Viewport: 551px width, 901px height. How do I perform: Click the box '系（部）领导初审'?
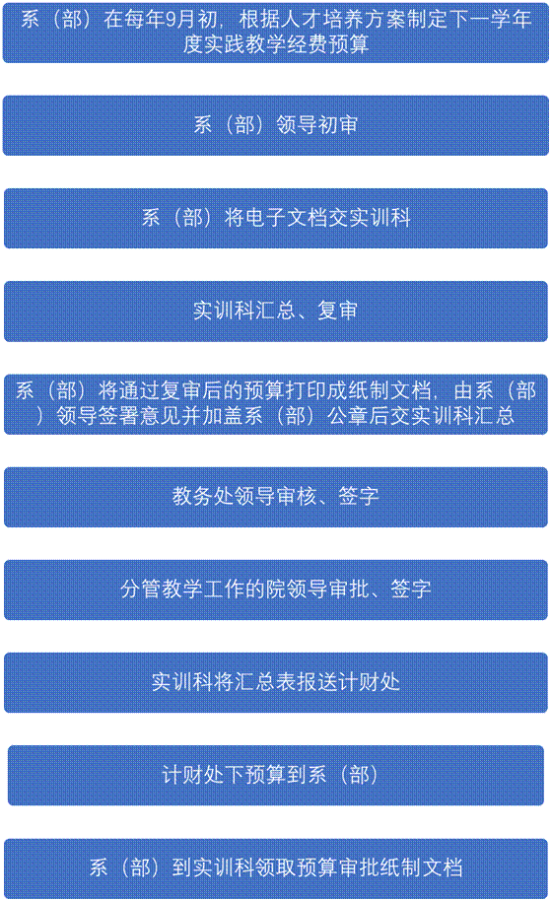pyautogui.click(x=276, y=125)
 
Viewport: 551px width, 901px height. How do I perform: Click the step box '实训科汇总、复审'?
pyautogui.click(x=276, y=311)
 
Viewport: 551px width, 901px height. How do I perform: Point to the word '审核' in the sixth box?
pyautogui.click(x=297, y=496)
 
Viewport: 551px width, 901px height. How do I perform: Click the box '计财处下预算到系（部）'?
pyautogui.click(x=276, y=775)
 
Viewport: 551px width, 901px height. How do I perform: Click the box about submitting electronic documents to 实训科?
pyautogui.click(x=276, y=218)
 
